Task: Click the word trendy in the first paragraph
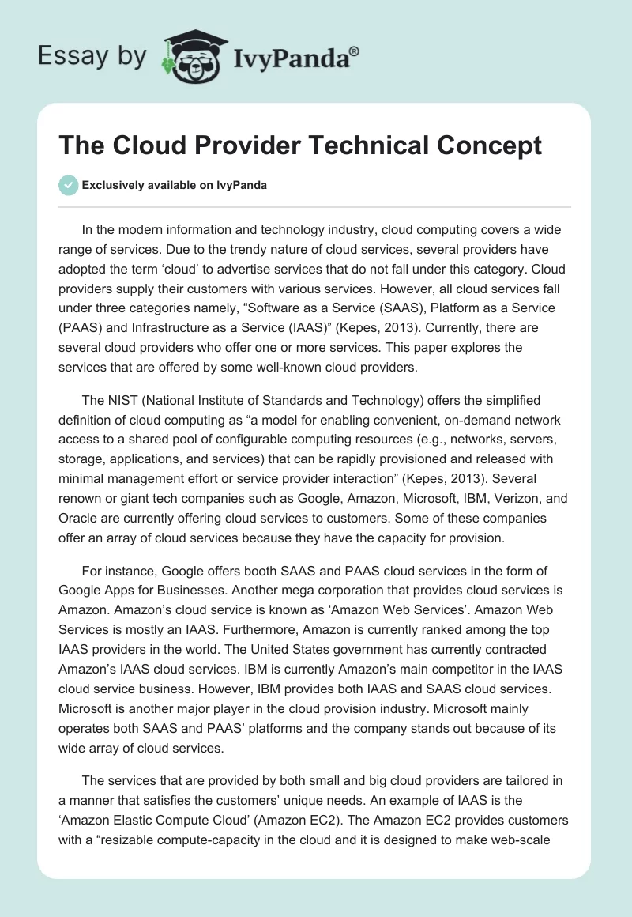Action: click(x=234, y=249)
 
